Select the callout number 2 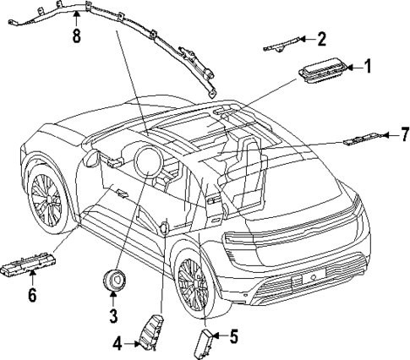click(321, 39)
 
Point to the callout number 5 click(233, 336)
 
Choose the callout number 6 click(33, 295)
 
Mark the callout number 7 click(405, 134)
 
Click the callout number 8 click(77, 35)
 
